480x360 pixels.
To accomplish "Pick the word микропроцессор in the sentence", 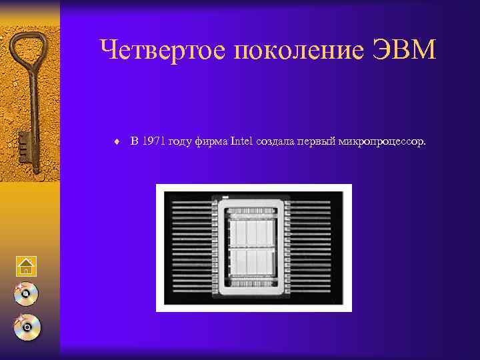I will (381, 141).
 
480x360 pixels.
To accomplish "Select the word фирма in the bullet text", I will (211, 141).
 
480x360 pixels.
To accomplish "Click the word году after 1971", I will (183, 141).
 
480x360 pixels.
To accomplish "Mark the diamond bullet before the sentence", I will (117, 141).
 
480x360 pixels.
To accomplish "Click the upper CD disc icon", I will (26, 294).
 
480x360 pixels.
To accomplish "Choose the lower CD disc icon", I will (26, 327).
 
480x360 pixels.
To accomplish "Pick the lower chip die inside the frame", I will (253, 268).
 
